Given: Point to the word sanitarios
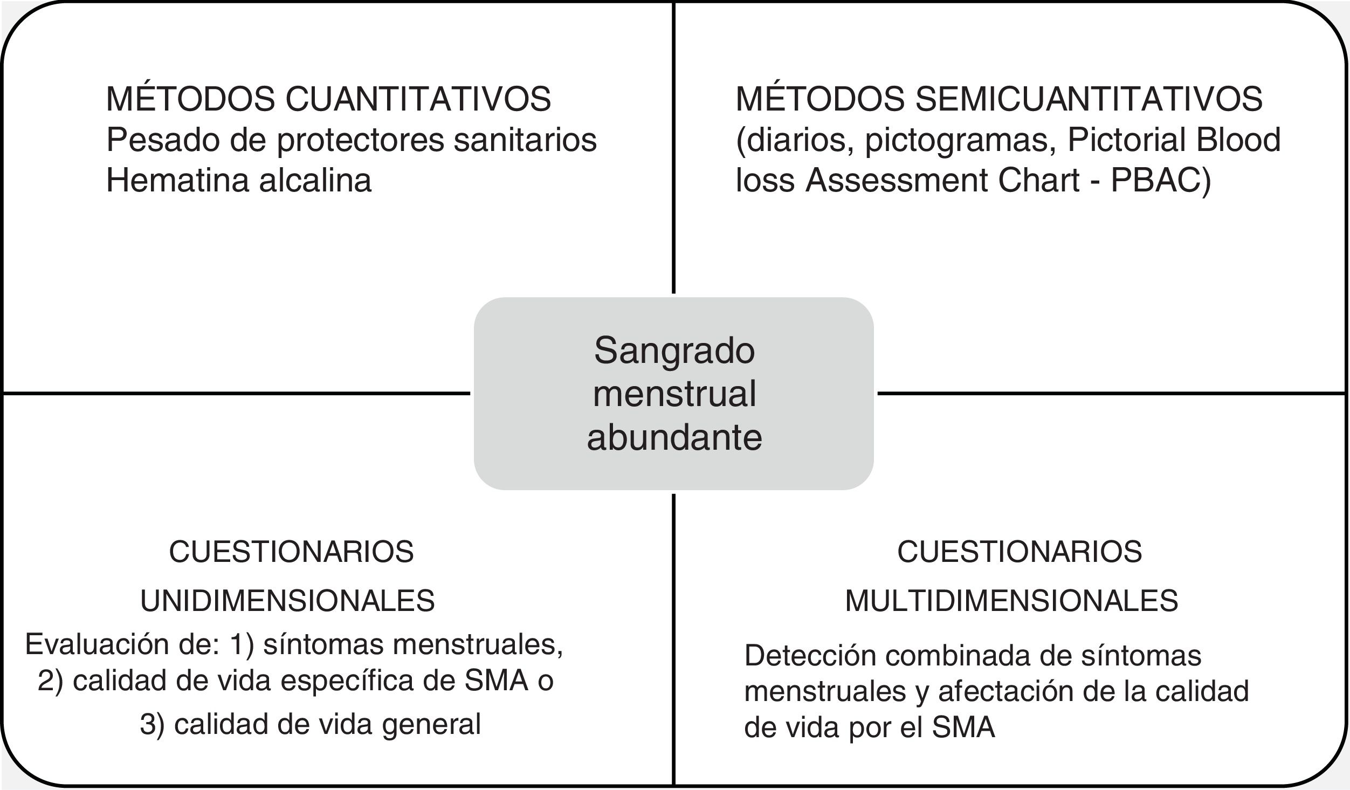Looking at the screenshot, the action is coord(525,140).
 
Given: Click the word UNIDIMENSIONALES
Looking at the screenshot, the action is coord(287,601).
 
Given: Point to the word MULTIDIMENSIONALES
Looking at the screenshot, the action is coord(1011,601).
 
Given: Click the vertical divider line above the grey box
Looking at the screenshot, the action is coord(674,146).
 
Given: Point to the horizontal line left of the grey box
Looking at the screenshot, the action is coord(237,394).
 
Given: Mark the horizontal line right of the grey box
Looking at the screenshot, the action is coord(1111,394).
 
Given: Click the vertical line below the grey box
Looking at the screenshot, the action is coord(674,636).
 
